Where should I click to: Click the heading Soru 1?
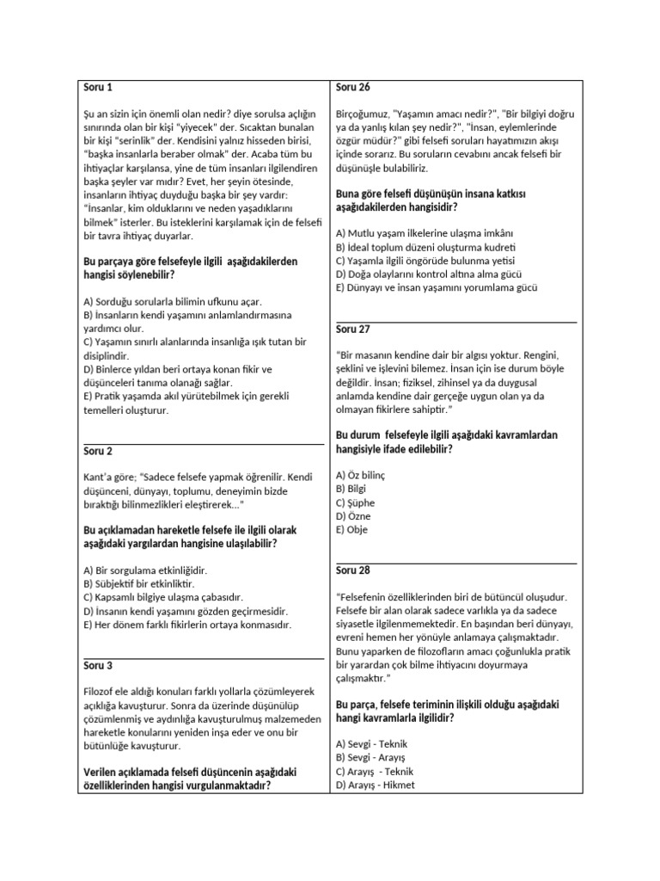(x=98, y=88)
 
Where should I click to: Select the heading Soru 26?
(x=352, y=88)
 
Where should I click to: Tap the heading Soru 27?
(x=352, y=329)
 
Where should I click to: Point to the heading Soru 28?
(x=352, y=570)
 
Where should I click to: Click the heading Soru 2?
(x=98, y=451)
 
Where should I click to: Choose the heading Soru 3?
(x=98, y=665)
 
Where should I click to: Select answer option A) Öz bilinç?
(x=361, y=476)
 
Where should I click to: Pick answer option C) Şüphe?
(x=356, y=503)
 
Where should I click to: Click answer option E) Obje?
(x=352, y=530)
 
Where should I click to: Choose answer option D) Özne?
(x=354, y=516)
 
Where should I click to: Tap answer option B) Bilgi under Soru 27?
(x=352, y=490)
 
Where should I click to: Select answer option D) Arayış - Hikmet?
(x=376, y=786)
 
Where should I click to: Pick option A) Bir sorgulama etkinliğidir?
(x=145, y=570)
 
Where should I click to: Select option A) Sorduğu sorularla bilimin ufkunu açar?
(x=173, y=302)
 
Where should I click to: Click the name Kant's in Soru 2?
(x=98, y=477)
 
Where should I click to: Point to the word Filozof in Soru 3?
(x=101, y=692)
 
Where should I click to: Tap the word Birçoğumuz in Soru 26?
(x=364, y=114)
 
